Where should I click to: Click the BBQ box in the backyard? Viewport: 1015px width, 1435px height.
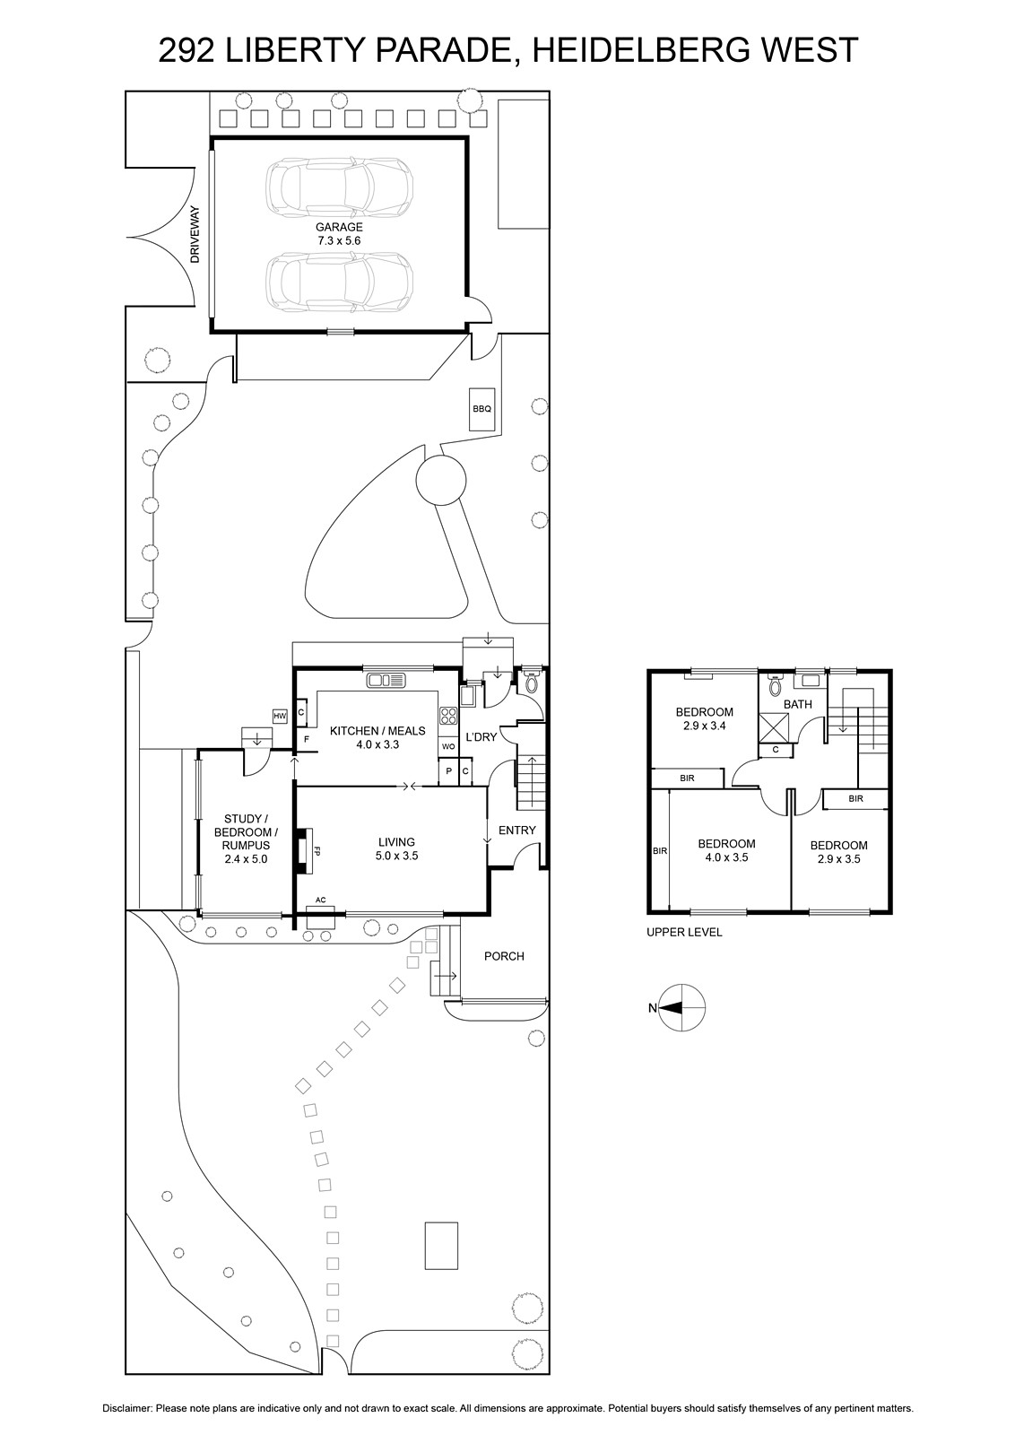pyautogui.click(x=481, y=409)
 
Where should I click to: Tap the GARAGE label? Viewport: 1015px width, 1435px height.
pyautogui.click(x=339, y=227)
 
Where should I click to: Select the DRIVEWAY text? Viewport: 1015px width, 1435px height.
pyautogui.click(x=195, y=234)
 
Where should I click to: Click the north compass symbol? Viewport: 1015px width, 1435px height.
pyautogui.click(x=681, y=1008)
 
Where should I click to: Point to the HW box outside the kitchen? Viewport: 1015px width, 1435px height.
pyautogui.click(x=280, y=716)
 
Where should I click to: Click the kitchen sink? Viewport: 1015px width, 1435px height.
pyautogui.click(x=386, y=680)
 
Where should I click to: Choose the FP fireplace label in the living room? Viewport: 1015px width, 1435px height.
pyautogui.click(x=317, y=851)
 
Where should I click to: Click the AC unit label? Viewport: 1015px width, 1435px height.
pyautogui.click(x=321, y=900)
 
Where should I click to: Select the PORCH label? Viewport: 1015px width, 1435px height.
pyautogui.click(x=504, y=956)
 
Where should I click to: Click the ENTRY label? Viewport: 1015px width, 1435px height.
pyautogui.click(x=516, y=830)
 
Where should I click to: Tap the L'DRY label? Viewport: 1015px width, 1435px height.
pyautogui.click(x=481, y=736)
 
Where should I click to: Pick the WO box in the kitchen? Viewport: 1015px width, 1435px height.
pyautogui.click(x=448, y=746)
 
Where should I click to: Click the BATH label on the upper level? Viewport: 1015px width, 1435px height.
pyautogui.click(x=798, y=704)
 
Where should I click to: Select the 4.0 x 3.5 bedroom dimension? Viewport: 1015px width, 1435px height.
pyautogui.click(x=726, y=857)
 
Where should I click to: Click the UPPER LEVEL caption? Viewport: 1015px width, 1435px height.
pyautogui.click(x=684, y=932)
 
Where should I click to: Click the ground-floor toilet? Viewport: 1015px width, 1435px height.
pyautogui.click(x=531, y=683)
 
